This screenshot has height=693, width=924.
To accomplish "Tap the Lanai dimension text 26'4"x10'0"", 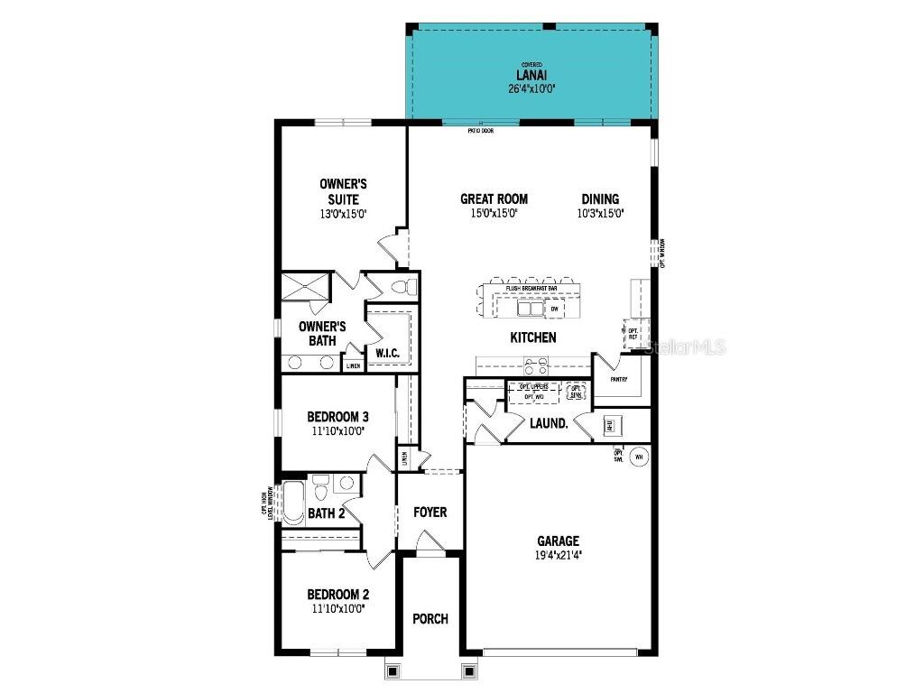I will (x=531, y=88).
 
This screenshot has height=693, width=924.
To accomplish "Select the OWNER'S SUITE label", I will (x=343, y=191).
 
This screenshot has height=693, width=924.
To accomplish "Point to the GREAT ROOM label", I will (x=494, y=199).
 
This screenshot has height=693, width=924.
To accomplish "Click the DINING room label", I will (x=600, y=199).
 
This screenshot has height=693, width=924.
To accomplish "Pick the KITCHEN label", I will (x=533, y=337).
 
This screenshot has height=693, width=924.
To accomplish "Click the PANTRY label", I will (x=618, y=379).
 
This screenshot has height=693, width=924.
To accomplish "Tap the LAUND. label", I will (x=549, y=422).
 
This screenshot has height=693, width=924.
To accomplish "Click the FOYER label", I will (x=430, y=513).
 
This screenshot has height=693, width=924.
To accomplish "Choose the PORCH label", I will (x=430, y=619).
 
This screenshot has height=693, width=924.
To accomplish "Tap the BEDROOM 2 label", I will (x=337, y=595).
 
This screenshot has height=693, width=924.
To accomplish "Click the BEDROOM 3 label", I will (x=337, y=417).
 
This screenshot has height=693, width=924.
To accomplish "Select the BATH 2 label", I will (x=327, y=514).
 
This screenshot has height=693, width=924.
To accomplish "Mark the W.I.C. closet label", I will (x=388, y=352).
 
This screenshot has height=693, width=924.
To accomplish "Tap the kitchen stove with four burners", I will (x=535, y=366).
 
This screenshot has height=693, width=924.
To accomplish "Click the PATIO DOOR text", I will (x=480, y=131).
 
